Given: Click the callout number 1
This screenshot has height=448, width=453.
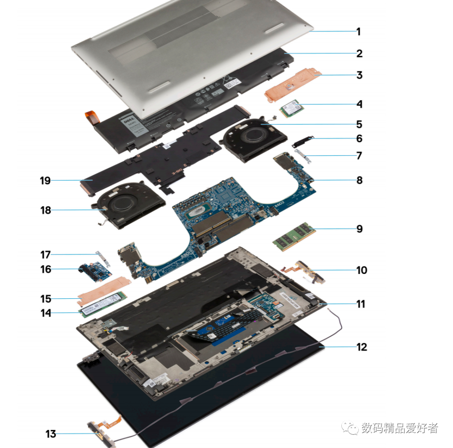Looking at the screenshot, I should [358, 31].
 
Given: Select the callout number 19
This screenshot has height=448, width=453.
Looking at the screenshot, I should [45, 181].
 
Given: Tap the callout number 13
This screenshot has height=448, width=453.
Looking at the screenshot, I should [51, 434].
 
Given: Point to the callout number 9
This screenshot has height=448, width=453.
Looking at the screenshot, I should [359, 229].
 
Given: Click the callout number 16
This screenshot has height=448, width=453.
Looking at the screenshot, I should [46, 269].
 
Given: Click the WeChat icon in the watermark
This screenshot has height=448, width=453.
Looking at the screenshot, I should [349, 427].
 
